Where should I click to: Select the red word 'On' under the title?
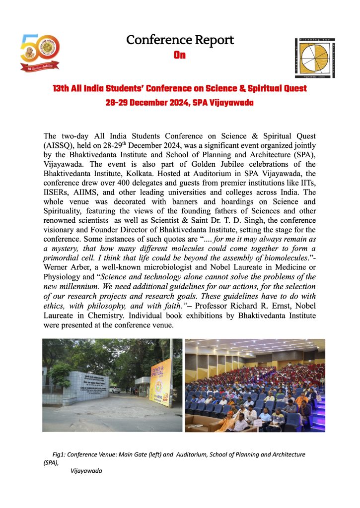pos(180,55)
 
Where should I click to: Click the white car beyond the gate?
pos(115,390)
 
